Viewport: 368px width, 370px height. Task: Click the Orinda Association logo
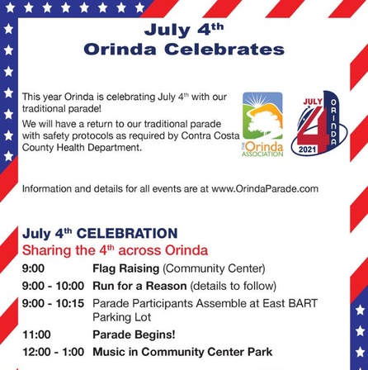coord(262,125)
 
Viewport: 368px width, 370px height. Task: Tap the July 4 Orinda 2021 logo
coord(319,122)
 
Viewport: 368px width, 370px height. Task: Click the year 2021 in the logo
coord(308,149)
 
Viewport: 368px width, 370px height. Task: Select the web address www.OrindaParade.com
coord(265,189)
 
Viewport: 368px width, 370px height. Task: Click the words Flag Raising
coord(126,268)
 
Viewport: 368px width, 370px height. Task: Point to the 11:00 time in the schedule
coord(36,334)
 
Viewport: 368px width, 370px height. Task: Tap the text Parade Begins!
coord(134,335)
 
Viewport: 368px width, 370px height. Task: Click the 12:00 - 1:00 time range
coord(54,352)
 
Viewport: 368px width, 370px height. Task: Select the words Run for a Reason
coord(139,286)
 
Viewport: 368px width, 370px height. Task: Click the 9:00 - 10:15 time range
coord(54,303)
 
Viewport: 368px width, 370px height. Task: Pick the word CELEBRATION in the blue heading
coord(127,234)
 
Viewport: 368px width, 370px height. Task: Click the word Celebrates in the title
coord(224,50)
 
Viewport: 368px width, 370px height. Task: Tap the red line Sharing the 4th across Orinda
coord(115,250)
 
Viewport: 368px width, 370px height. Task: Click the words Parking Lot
coord(122,317)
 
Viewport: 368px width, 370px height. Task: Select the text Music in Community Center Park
coord(182,352)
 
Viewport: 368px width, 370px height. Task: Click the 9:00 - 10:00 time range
coord(54,286)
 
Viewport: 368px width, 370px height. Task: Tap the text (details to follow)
coord(234,287)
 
